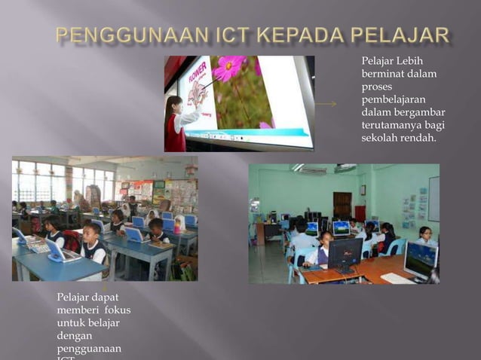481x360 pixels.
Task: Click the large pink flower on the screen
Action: (229, 68)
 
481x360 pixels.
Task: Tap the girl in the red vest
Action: (175, 124)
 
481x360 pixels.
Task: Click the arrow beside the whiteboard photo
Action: (326, 104)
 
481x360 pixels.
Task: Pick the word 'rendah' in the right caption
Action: (419, 139)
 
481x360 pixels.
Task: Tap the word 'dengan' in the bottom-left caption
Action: (74, 337)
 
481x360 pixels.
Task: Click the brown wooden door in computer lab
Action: (342, 204)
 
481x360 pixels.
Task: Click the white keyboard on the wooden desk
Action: (397, 277)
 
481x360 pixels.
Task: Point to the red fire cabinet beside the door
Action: (360, 213)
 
